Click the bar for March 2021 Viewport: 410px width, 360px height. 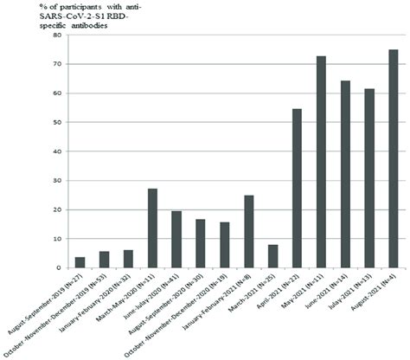tap(272, 256)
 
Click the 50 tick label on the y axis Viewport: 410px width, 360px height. tap(58, 123)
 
